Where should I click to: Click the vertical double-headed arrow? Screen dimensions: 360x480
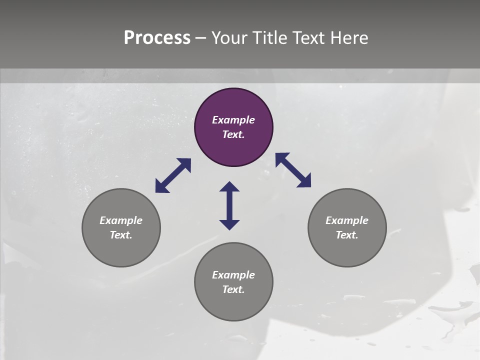coord(229,205)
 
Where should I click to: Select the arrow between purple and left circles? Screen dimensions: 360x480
coord(173,175)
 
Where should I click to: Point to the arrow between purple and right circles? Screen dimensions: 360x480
coord(293,170)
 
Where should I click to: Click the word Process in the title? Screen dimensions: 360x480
coord(157,38)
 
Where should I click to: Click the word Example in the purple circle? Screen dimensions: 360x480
coord(233,120)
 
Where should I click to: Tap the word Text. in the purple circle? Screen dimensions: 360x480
coord(233,134)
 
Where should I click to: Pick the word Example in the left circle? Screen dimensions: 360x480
coord(121,220)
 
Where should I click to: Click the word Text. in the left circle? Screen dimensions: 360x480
coord(121,235)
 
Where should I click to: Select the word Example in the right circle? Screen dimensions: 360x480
coord(347,220)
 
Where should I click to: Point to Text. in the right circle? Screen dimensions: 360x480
coord(347,235)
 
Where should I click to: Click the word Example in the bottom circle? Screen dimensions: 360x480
coord(233,275)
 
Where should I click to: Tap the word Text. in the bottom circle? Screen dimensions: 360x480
coord(233,289)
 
